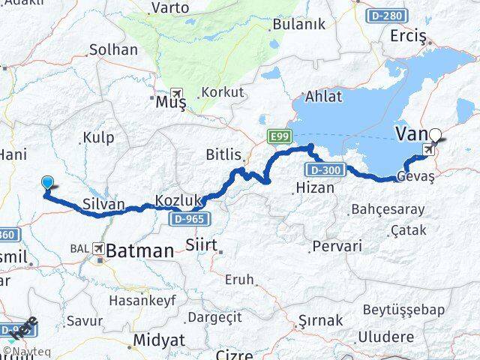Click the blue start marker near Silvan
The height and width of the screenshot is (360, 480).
tap(47, 182)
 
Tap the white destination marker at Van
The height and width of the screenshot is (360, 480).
tap(435, 137)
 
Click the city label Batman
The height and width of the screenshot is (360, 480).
tap(140, 251)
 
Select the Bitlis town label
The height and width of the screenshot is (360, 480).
tap(223, 155)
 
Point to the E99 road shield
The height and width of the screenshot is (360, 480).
tap(277, 136)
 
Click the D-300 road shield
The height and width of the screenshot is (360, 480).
tap(324, 170)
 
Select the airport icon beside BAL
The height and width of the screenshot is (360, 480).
tap(97, 247)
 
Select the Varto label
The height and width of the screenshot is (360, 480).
tap(170, 9)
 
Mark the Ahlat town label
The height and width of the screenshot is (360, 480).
tap(322, 96)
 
